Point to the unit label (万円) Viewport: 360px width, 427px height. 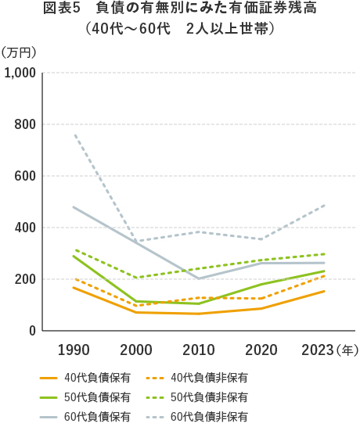[20, 52]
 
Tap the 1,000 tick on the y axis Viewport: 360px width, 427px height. [20, 73]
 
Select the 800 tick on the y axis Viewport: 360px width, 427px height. [26, 124]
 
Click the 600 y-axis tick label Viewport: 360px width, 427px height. [26, 176]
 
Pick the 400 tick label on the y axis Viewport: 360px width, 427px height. [26, 228]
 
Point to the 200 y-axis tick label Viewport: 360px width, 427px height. [26, 279]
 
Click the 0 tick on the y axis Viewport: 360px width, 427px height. [32, 331]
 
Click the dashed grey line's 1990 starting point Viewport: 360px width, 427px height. [74, 135]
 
